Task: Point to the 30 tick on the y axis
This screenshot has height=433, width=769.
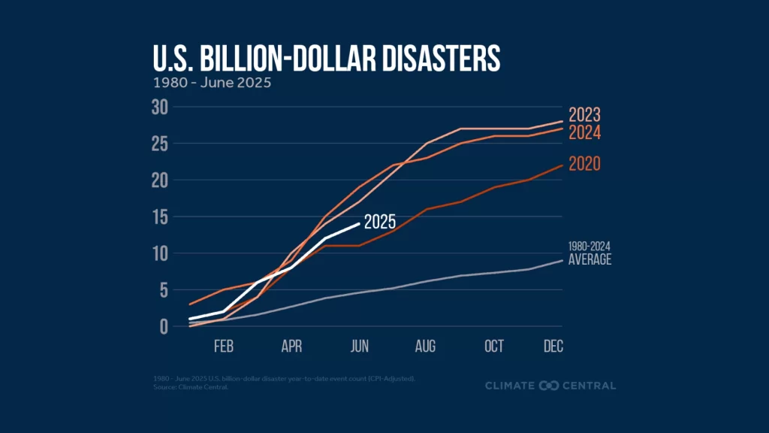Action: tap(158, 107)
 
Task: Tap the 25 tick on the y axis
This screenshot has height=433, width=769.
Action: tap(158, 144)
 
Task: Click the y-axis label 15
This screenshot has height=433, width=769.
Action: tap(158, 217)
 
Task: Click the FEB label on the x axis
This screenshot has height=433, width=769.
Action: tap(223, 347)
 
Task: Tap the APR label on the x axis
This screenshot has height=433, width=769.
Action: tap(291, 347)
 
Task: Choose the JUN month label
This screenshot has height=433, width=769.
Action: tap(360, 347)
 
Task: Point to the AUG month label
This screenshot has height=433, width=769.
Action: tap(425, 347)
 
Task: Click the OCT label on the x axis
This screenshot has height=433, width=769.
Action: tap(493, 347)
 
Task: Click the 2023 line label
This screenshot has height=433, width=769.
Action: tap(584, 116)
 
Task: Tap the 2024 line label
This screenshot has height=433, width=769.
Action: tap(584, 133)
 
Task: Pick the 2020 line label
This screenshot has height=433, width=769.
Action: tap(584, 164)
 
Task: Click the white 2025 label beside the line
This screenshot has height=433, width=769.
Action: tap(379, 222)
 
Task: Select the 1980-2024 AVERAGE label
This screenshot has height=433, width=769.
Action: tap(590, 254)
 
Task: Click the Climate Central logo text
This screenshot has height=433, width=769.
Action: tap(550, 386)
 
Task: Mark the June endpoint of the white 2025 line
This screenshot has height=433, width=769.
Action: tap(360, 224)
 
